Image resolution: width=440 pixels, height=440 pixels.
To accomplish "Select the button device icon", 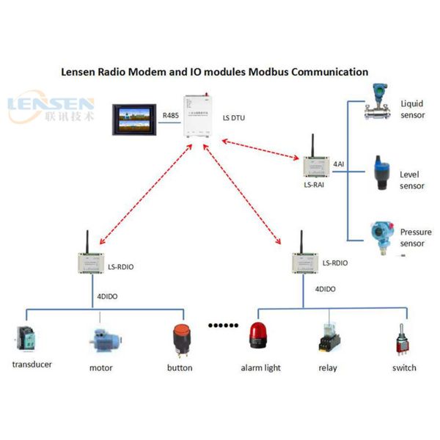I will click(180, 340).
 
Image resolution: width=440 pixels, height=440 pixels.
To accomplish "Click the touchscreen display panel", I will click(135, 118).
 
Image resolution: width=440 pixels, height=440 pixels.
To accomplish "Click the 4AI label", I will click(339, 164).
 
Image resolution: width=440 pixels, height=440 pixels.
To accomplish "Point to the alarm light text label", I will click(261, 367).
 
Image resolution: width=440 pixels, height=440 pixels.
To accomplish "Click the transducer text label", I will click(32, 364).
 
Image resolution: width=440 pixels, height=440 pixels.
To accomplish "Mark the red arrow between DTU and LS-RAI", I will click(256, 150).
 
